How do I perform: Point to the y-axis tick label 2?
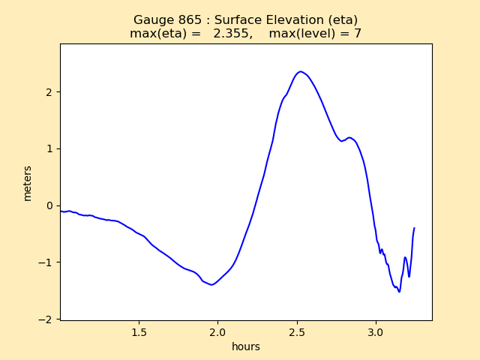coord(49,92)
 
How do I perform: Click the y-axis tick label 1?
coord(49,148)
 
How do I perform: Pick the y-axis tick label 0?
coord(49,205)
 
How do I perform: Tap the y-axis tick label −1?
coord(46,262)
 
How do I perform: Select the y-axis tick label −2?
coord(46,319)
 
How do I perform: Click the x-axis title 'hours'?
coord(246,346)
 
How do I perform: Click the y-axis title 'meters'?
coord(28,183)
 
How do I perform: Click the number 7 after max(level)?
coord(358,34)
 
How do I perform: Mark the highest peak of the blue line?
coord(300,72)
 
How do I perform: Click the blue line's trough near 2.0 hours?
coord(211,285)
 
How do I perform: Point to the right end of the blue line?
coord(414,228)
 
